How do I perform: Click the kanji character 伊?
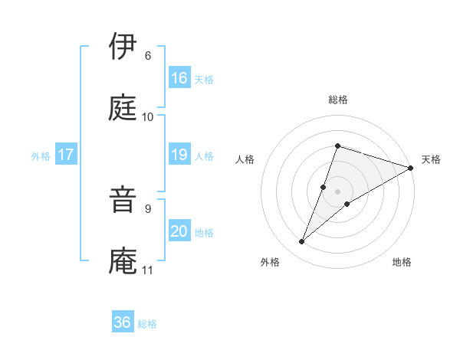(x=123, y=47)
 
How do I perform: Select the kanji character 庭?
(x=123, y=108)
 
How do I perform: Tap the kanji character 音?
(x=123, y=200)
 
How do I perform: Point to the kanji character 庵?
(x=123, y=261)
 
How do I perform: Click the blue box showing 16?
(x=179, y=78)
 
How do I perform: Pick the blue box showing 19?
(x=179, y=155)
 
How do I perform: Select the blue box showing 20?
(x=179, y=231)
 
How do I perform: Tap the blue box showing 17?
(x=66, y=155)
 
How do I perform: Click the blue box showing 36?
(x=123, y=322)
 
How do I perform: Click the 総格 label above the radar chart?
(x=337, y=100)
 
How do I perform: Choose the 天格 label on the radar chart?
(x=431, y=159)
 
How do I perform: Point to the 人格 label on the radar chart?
(x=245, y=159)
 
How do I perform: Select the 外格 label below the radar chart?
(x=270, y=263)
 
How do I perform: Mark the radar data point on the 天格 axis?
(x=411, y=169)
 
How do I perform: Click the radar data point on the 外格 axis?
(x=302, y=242)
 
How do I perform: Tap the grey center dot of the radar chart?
(x=337, y=191)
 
